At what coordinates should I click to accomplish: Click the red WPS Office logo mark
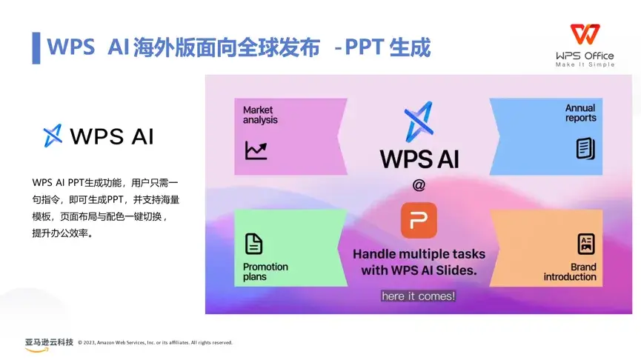[585, 34]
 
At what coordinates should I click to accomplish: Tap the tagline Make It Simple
[585, 64]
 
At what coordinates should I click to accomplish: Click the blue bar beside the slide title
[36, 48]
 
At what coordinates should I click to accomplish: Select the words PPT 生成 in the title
[388, 47]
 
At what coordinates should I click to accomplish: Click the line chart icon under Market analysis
[256, 150]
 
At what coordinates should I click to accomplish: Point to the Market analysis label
[260, 115]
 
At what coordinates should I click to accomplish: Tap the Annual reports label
[580, 113]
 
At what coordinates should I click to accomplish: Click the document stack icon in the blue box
[585, 148]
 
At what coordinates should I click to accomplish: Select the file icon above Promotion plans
[253, 244]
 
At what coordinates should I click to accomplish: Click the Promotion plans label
[265, 272]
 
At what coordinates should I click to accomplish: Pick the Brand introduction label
[570, 272]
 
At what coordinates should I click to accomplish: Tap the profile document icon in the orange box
[586, 244]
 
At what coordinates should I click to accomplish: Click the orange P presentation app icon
[419, 220]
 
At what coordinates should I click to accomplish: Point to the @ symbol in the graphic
[419, 185]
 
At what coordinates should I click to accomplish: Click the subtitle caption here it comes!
[418, 296]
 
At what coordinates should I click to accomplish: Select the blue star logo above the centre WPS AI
[419, 121]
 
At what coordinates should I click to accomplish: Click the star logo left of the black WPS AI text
[53, 136]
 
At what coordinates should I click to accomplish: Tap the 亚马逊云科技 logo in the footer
[49, 344]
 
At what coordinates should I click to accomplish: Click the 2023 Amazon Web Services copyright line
[156, 343]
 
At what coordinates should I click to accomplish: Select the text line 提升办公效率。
[62, 233]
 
